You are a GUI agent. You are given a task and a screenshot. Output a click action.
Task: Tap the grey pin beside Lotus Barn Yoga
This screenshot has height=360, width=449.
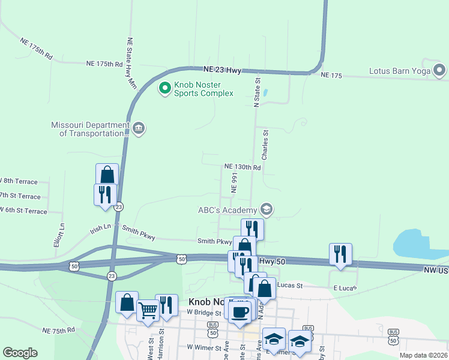[439, 71]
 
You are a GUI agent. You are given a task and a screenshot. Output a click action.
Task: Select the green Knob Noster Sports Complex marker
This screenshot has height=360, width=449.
[164, 89]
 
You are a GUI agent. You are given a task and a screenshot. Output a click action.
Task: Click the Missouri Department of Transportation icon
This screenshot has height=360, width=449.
[139, 129]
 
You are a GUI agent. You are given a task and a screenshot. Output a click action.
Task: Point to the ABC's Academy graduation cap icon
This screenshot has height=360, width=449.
[267, 209]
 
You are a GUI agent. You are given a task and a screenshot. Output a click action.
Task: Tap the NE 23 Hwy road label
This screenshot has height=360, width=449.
[221, 70]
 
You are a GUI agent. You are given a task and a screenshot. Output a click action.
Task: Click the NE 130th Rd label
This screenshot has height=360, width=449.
[243, 167]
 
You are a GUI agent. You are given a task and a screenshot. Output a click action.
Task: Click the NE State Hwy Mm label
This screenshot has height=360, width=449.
[130, 64]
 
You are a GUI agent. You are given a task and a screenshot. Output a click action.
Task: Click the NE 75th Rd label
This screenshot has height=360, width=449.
[58, 330]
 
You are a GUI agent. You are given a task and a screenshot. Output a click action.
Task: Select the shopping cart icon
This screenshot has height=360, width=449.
[148, 311]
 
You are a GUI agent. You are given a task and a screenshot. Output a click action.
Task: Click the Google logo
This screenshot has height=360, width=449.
[20, 353]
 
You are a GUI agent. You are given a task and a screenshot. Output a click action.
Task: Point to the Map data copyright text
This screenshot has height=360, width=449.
[423, 355]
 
